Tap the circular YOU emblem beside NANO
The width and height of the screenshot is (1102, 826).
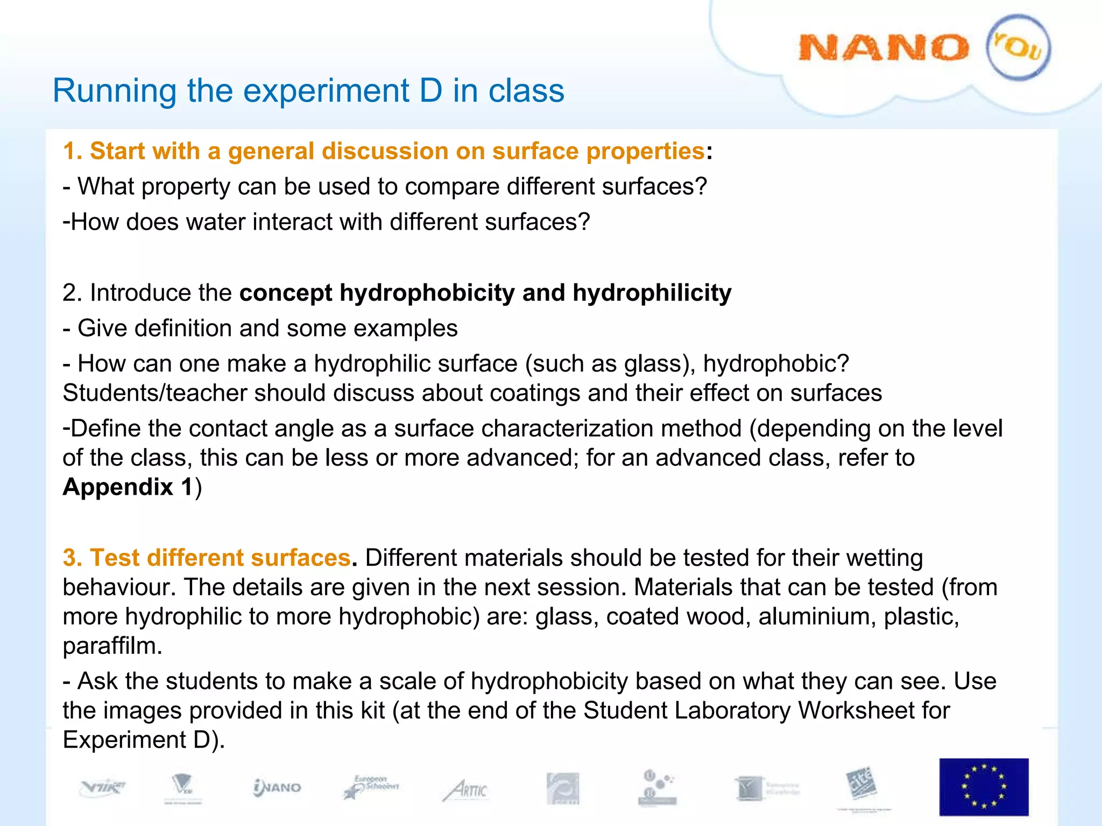pos(1018,47)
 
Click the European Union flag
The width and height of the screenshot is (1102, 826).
pos(984,787)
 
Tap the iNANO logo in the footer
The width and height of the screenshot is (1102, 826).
pos(277,788)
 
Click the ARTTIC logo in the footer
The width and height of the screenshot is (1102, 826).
pos(466,789)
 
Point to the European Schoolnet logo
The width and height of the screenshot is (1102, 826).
pos(372,787)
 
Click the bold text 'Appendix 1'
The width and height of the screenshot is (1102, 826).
pos(128,487)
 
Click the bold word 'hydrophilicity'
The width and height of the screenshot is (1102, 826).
pos(652,293)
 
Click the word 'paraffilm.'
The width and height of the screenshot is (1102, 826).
pos(112,646)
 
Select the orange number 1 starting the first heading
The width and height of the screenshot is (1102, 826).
pos(69,151)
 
